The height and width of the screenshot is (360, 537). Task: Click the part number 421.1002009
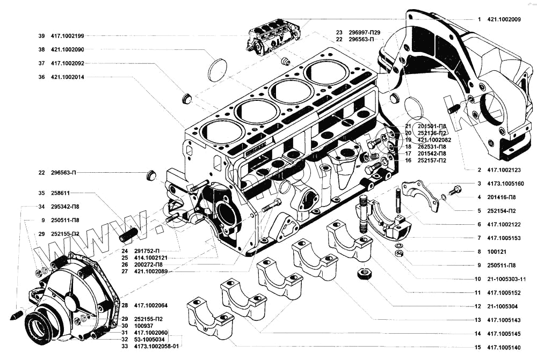pyautogui.click(x=504, y=19)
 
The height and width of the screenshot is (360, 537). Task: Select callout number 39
pyautogui.click(x=41, y=36)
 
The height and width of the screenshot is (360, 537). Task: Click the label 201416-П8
pyautogui.click(x=502, y=197)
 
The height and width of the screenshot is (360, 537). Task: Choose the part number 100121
pyautogui.click(x=497, y=251)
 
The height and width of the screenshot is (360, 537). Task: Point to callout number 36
pyautogui.click(x=41, y=77)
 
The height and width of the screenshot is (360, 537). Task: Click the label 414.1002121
pyautogui.click(x=153, y=258)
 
